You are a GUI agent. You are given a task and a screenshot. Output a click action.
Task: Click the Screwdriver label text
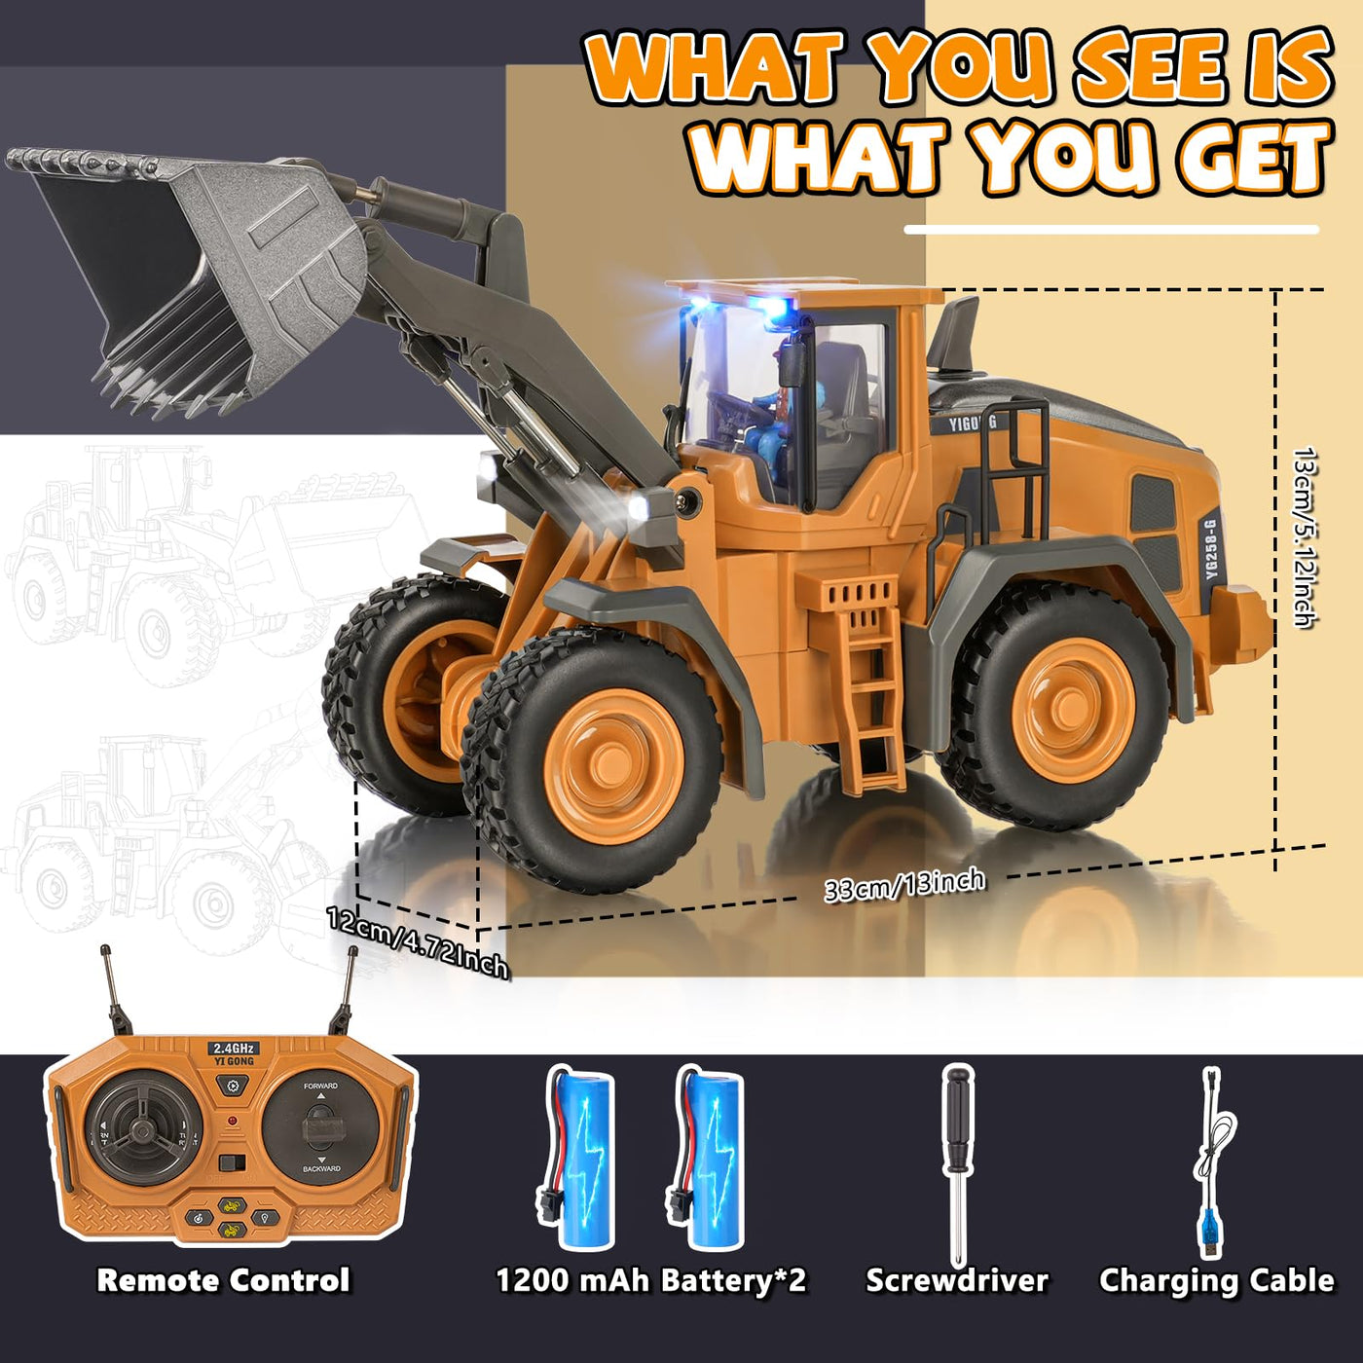(957, 1280)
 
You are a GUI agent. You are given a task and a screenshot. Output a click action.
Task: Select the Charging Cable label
(1216, 1280)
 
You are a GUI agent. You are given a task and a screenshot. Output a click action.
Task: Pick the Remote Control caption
(223, 1280)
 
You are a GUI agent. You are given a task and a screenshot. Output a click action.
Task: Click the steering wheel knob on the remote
(142, 1130)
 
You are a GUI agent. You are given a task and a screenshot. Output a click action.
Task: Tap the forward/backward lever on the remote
(320, 1127)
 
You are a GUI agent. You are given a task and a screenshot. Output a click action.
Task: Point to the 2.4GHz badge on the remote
(233, 1049)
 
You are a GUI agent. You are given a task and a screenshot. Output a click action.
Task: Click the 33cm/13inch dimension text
(904, 885)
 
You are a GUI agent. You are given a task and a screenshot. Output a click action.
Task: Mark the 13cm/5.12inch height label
(1304, 536)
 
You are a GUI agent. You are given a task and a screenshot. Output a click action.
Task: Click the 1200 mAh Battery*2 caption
(651, 1280)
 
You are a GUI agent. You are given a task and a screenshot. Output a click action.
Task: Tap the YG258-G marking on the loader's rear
(1210, 550)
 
